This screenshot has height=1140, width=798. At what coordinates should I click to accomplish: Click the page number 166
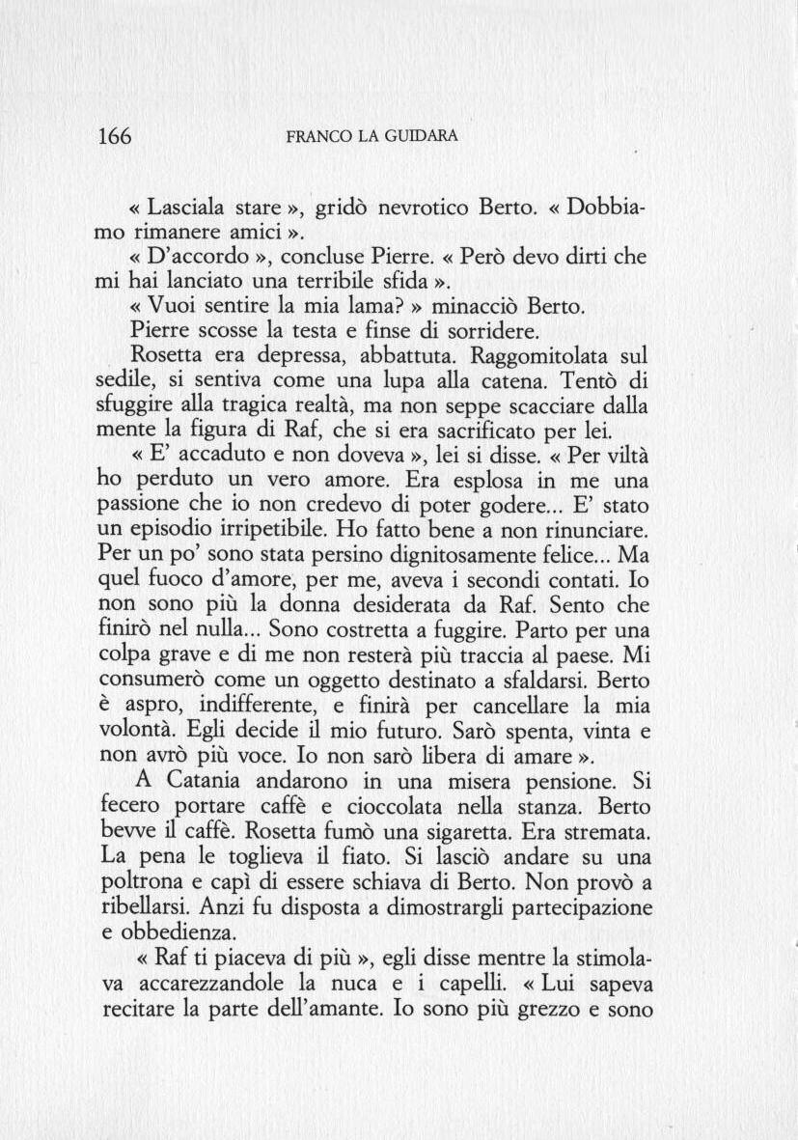(x=115, y=136)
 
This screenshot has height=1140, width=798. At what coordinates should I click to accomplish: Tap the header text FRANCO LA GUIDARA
(x=371, y=137)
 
